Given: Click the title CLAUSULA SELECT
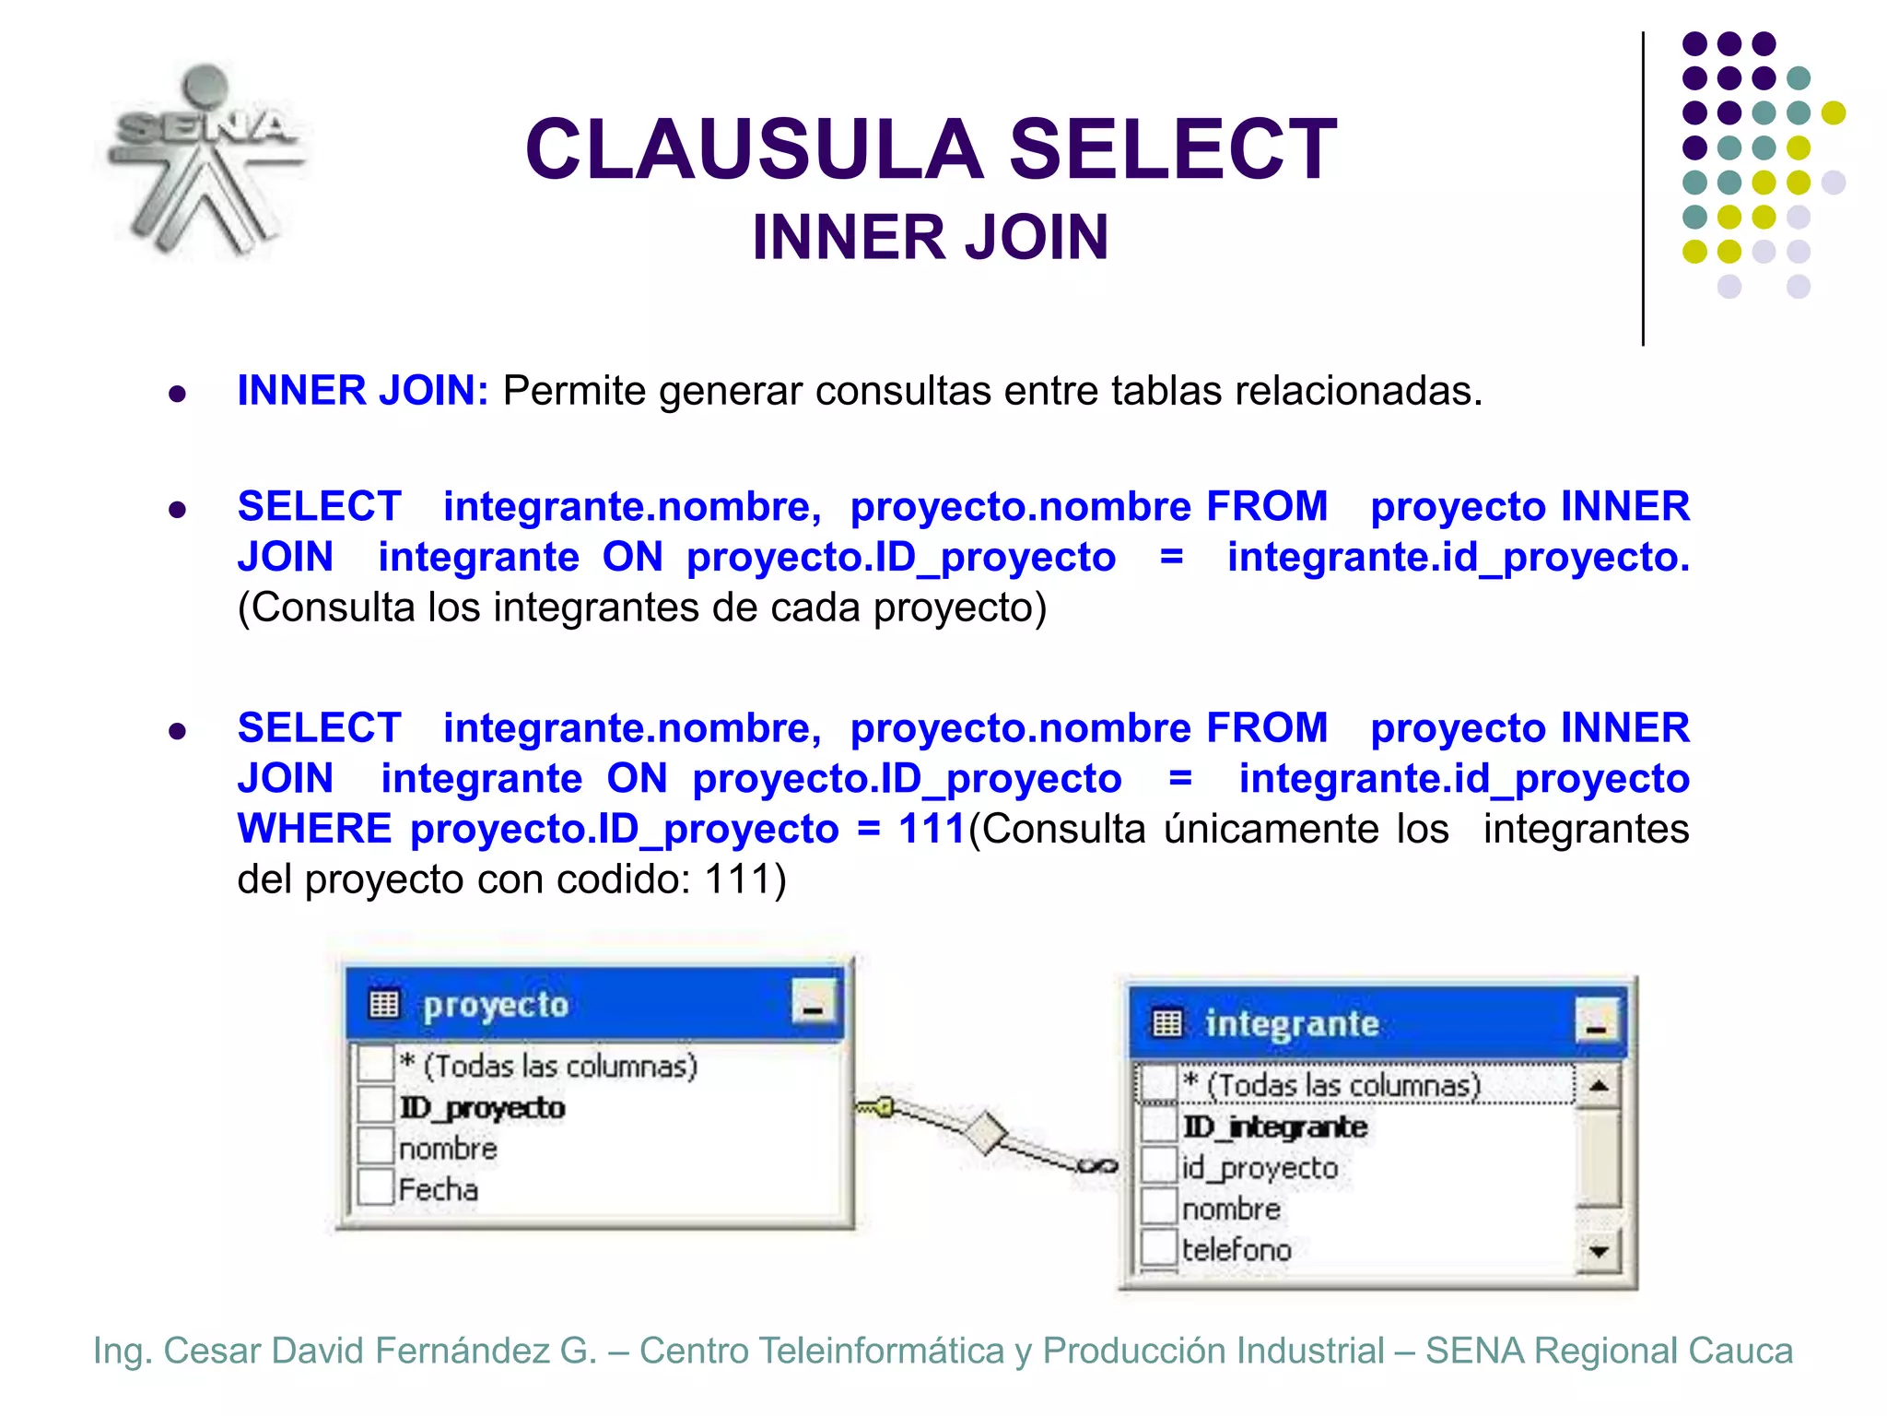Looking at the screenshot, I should (x=931, y=149).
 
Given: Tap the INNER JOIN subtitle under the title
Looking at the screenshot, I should (x=930, y=238).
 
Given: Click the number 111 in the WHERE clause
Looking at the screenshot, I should (x=932, y=829).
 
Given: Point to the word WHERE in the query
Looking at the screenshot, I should (x=314, y=829).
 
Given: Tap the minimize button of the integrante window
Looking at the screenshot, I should (x=1597, y=1021).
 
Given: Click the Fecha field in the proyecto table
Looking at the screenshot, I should (x=439, y=1189).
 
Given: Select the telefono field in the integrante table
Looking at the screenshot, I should (x=1237, y=1250).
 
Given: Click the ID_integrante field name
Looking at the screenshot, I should (x=1275, y=1127).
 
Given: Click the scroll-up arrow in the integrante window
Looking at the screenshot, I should (x=1599, y=1085).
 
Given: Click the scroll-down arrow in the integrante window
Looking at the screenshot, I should (x=1599, y=1252).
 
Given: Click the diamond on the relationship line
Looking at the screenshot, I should (x=987, y=1131).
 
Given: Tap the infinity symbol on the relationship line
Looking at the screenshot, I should (x=1097, y=1166).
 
